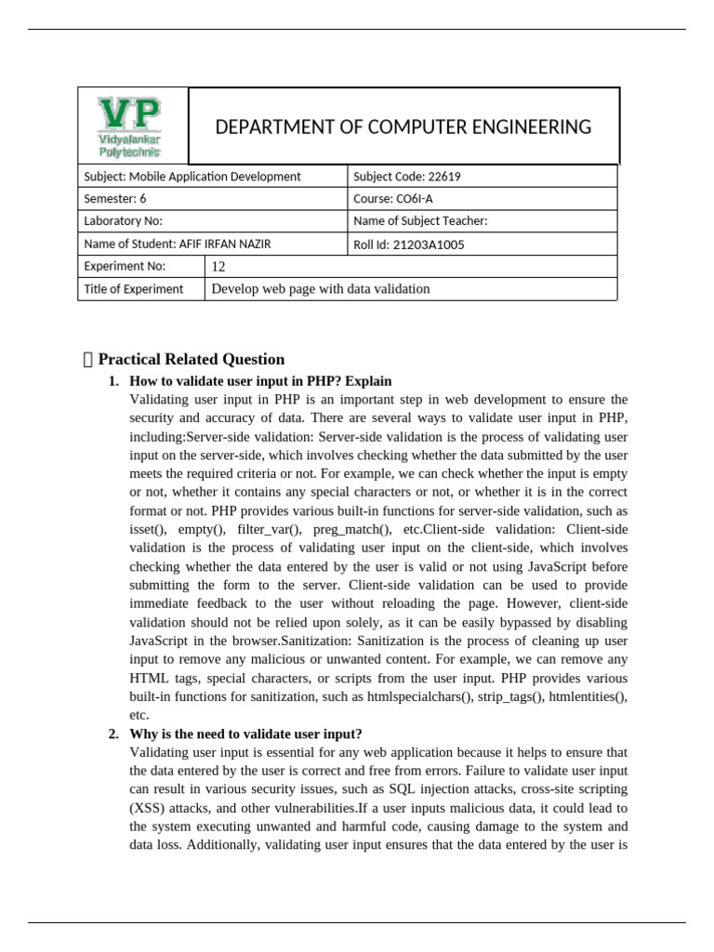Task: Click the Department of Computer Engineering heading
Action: tap(403, 127)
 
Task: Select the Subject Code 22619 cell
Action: tap(406, 177)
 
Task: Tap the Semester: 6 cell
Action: tap(115, 199)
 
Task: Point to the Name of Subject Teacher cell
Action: tap(420, 221)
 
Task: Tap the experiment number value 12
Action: tap(219, 267)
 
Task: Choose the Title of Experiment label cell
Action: tap(134, 289)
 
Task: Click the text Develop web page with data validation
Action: tap(321, 289)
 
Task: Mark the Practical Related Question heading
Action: tap(191, 360)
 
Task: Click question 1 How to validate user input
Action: tap(260, 381)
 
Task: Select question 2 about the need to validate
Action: tap(245, 734)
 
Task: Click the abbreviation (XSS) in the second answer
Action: tap(148, 808)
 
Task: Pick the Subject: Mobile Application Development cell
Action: tap(192, 177)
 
